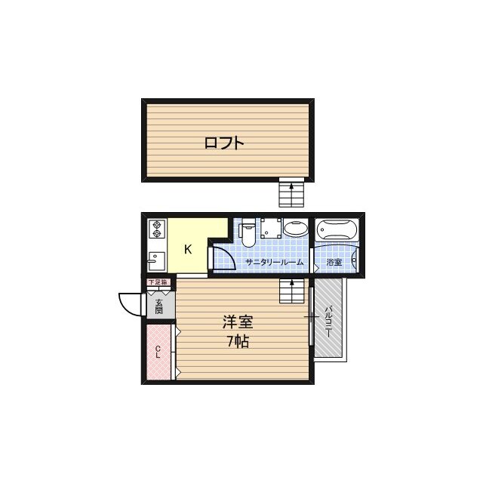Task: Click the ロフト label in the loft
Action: [224, 143]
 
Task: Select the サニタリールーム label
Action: [274, 263]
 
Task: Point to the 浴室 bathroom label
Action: [334, 263]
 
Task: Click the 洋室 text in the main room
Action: [237, 321]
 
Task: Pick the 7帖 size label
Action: [238, 340]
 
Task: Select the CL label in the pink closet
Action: [158, 352]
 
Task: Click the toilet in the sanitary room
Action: [248, 233]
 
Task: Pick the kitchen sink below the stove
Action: [156, 260]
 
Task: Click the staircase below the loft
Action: [291, 193]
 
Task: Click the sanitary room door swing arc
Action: [220, 254]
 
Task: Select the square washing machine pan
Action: [270, 229]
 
